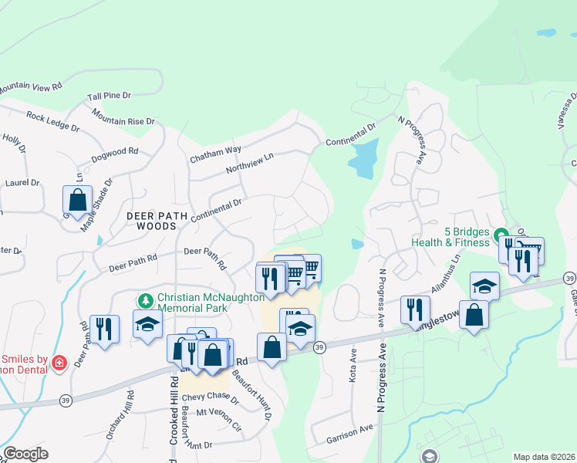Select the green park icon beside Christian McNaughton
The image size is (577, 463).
(143, 299)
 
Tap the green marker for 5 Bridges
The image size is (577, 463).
(500, 235)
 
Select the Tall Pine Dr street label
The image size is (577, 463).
(110, 96)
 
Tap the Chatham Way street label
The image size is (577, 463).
(216, 154)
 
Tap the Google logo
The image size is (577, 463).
(25, 454)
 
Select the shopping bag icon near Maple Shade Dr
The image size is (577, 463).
(78, 200)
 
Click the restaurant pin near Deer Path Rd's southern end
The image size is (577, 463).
(104, 329)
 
